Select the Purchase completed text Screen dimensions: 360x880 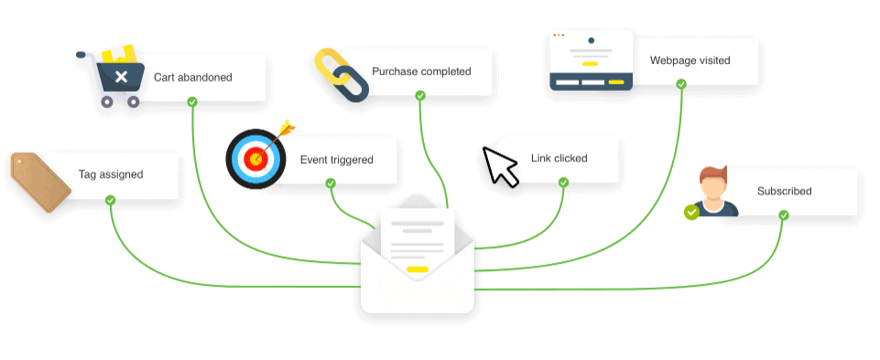tap(421, 71)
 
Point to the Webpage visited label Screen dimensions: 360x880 tap(690, 60)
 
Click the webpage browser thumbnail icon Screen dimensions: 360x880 tap(591, 60)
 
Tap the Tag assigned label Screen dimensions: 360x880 tap(110, 174)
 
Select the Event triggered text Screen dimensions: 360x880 tap(336, 159)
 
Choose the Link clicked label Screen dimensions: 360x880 tap(559, 158)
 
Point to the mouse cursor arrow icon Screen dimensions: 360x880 tap(499, 165)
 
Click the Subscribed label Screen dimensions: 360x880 tap(784, 191)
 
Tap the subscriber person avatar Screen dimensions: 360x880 tap(713, 191)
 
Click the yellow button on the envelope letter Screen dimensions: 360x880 tap(418, 269)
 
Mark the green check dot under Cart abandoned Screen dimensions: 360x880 tap(192, 102)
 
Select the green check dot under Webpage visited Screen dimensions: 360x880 tap(681, 84)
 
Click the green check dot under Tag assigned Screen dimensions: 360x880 tap(110, 200)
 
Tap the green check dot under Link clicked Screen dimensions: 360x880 tap(563, 182)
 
